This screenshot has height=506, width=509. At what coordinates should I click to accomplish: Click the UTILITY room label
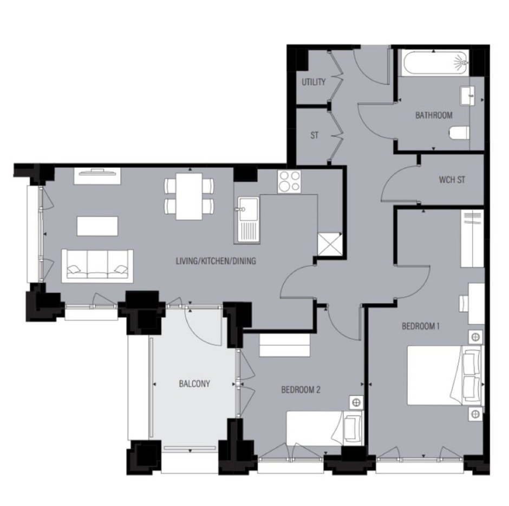pos(314,82)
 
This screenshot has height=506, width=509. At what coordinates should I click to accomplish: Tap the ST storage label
pos(314,135)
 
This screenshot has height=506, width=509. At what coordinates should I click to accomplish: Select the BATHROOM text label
pos(434,115)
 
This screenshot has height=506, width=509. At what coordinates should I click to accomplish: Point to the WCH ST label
pos(452,179)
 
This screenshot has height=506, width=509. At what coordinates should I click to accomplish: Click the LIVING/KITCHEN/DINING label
pos(216,261)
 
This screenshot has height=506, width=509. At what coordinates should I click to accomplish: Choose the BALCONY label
pos(194,384)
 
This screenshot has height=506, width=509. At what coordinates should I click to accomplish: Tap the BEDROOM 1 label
pos(421,326)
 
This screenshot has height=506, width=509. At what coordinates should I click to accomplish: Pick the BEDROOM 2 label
pos(301,390)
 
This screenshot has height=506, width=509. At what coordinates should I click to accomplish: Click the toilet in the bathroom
pos(459,133)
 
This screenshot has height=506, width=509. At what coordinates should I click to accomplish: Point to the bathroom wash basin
pos(468,95)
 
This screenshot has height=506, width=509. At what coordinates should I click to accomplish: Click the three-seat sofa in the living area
pos(97,266)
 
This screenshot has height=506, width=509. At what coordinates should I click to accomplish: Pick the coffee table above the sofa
pos(97,226)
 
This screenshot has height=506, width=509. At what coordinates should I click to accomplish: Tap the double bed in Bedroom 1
pos(445,375)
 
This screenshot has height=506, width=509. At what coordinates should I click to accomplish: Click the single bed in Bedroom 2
pos(324,428)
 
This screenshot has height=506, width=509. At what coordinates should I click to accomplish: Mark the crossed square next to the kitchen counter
pos(329,244)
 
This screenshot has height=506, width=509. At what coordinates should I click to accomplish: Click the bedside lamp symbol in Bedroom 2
pos(356,403)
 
